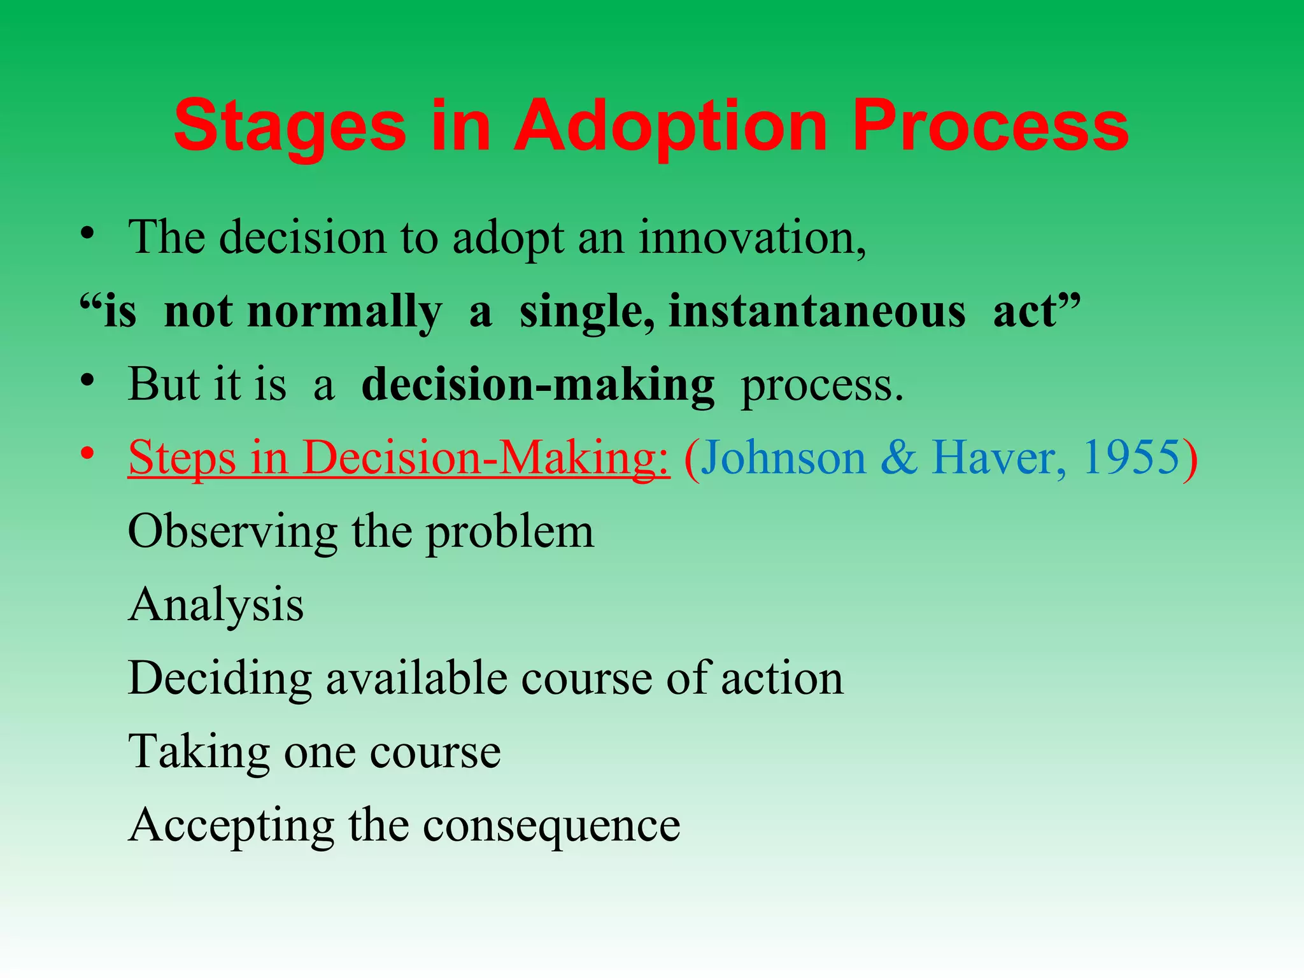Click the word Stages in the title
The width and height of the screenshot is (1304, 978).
click(x=290, y=127)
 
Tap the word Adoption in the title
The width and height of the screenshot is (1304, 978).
click(x=670, y=127)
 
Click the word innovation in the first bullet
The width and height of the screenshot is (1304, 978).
click(x=751, y=237)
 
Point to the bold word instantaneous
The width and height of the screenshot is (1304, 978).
click(x=816, y=312)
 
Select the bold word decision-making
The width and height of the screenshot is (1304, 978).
click(x=538, y=386)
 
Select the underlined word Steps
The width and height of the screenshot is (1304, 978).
click(x=181, y=458)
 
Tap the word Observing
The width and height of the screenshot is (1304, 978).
click(x=232, y=532)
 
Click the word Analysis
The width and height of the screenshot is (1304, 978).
click(x=216, y=605)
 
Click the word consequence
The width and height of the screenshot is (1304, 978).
click(x=551, y=826)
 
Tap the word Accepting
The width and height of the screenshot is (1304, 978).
click(x=231, y=826)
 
